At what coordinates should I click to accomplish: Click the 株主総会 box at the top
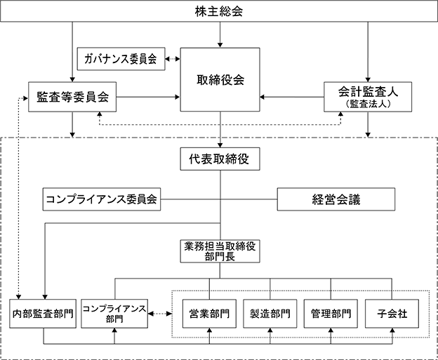219,11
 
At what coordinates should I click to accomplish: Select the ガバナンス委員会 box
121,59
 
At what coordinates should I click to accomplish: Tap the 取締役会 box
220,80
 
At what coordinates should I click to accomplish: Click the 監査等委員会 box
72,97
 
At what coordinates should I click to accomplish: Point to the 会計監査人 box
368,97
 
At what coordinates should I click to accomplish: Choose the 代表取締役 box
220,159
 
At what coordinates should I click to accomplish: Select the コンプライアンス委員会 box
102,199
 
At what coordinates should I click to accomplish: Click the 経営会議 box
336,199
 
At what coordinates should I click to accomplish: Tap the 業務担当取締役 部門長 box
220,251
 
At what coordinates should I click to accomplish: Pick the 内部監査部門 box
43,314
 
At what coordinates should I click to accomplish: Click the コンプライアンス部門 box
114,314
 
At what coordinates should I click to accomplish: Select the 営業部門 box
209,314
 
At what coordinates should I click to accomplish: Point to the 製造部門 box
270,314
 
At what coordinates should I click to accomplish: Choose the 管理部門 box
331,314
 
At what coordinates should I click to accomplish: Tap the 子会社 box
392,314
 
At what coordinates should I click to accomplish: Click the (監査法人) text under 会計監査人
368,104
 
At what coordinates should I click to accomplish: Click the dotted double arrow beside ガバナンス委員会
173,59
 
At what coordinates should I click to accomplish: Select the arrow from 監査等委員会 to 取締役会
148,97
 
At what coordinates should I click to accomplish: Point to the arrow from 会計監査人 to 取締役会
292,97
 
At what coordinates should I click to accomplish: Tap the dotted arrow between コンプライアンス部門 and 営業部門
160,314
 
